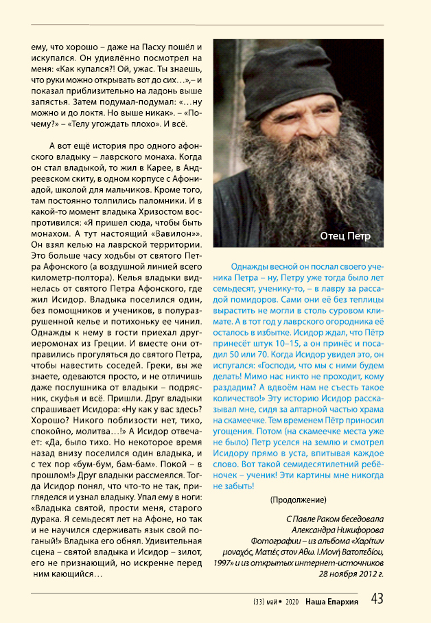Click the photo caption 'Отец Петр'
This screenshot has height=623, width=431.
pyautogui.click(x=345, y=237)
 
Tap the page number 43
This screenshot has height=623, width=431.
pyautogui.click(x=377, y=598)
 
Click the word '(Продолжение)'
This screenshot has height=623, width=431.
pyautogui.click(x=298, y=498)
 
